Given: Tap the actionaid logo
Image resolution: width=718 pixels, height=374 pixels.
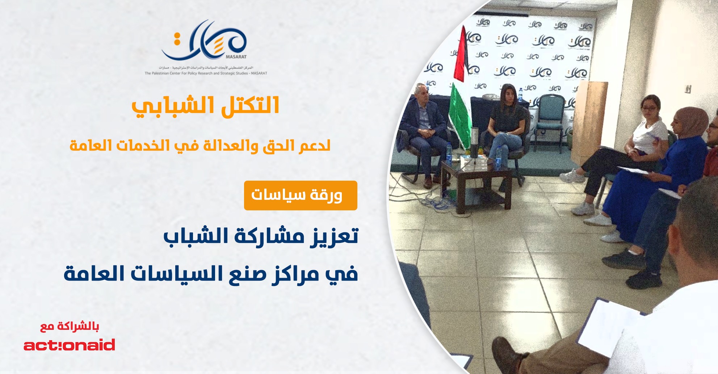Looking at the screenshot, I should coord(69,345).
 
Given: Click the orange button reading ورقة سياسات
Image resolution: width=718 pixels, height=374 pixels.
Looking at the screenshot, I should coord(300,196).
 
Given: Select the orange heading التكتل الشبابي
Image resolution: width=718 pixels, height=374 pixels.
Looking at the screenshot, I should coord(205,106).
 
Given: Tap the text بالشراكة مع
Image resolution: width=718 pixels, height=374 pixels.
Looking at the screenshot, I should coord(70,326).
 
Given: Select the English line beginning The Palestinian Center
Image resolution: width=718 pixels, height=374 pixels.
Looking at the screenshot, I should coord(206,73).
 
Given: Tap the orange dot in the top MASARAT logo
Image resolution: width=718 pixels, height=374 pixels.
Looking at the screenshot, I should coord(177,35).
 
